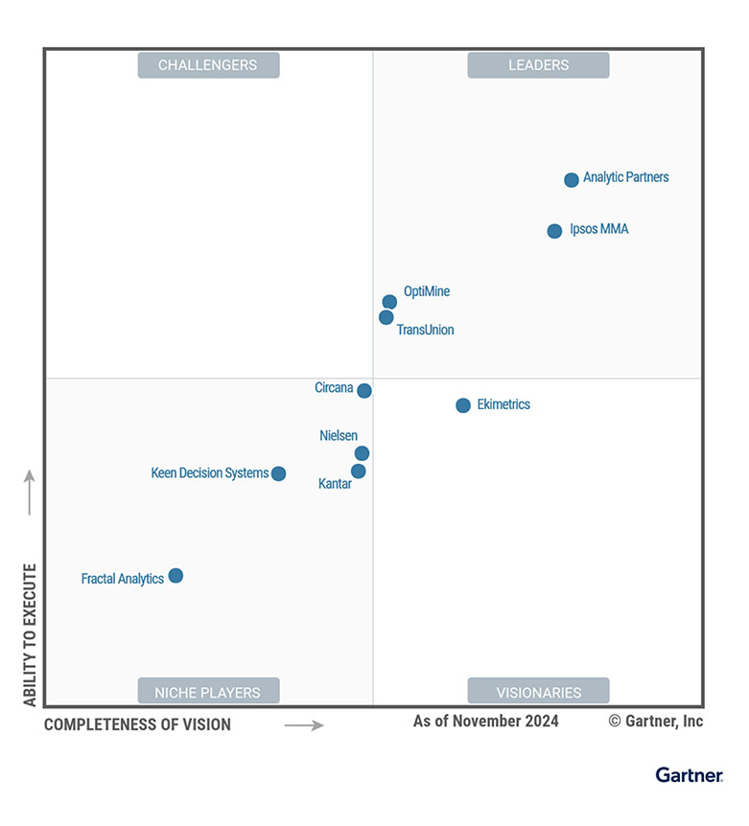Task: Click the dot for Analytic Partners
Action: (x=572, y=179)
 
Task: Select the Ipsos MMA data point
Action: (x=554, y=231)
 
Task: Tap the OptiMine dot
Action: (x=389, y=302)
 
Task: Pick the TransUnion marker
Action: (x=386, y=317)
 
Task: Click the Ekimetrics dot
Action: (x=463, y=405)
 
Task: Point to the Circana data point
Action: (x=364, y=390)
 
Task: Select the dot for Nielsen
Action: (x=362, y=453)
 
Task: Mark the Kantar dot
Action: (x=359, y=471)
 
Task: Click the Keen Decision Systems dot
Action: (x=278, y=473)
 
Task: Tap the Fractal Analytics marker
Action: (x=176, y=576)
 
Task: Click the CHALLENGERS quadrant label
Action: (x=208, y=65)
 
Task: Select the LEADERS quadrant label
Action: (x=538, y=65)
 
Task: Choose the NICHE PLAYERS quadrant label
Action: (x=208, y=692)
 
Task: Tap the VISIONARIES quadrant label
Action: (x=538, y=692)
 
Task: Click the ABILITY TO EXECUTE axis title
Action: (x=30, y=634)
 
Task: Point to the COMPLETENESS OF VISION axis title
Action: (x=137, y=724)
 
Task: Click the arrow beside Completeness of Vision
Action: (x=304, y=725)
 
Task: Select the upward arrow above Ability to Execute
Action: (x=30, y=492)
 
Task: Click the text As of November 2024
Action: (x=485, y=721)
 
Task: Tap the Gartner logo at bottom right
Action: (x=689, y=774)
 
